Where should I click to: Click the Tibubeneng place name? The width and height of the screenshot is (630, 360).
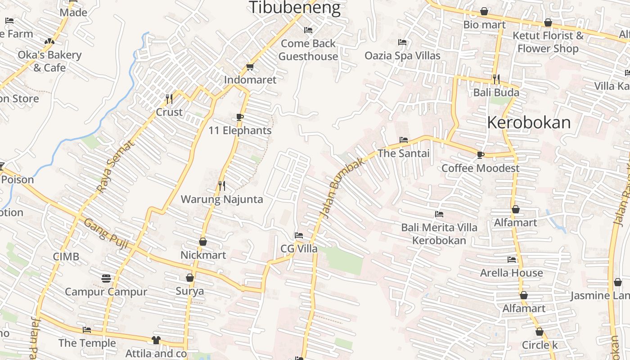click(x=295, y=8)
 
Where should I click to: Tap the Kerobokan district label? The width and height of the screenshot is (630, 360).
click(x=529, y=122)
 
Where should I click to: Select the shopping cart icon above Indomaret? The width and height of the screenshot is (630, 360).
click(x=250, y=67)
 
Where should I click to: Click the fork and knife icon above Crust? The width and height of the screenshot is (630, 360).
click(x=169, y=99)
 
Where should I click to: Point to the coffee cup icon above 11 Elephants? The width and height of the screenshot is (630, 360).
click(x=240, y=117)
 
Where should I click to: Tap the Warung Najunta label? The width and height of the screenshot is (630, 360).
click(x=222, y=199)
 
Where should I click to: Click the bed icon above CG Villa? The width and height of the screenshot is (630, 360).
click(x=298, y=235)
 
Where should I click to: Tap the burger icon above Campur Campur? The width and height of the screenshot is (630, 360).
click(x=106, y=279)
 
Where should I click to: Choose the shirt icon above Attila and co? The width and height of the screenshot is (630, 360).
click(x=156, y=340)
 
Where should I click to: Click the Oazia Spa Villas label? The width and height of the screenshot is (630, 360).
click(x=402, y=56)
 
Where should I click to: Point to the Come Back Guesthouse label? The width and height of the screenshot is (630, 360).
click(x=308, y=50)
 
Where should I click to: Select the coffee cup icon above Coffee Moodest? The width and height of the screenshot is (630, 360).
click(x=480, y=155)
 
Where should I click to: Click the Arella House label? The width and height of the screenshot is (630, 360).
click(x=511, y=273)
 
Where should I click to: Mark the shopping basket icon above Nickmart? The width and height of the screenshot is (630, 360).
click(x=203, y=242)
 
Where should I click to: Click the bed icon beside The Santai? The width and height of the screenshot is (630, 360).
click(x=404, y=140)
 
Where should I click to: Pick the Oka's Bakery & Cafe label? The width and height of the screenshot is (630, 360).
click(x=49, y=61)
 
